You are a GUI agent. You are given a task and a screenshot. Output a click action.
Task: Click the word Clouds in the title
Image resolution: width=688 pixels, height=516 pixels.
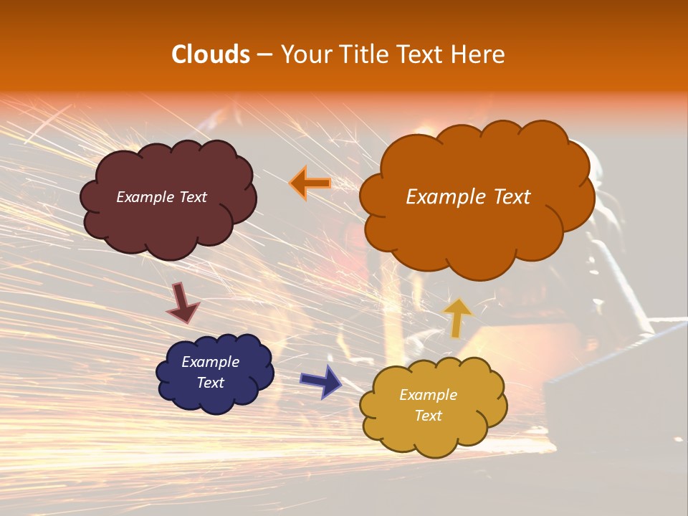[211, 54]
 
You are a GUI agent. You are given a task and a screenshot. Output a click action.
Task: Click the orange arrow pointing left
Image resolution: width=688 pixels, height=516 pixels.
[310, 183]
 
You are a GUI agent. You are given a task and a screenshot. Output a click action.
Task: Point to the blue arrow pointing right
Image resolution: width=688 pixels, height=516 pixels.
[321, 381]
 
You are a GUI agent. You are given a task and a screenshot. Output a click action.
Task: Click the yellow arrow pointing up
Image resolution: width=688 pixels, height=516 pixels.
[458, 316]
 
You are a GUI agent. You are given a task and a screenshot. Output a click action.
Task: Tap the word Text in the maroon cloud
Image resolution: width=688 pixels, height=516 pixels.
[193, 197]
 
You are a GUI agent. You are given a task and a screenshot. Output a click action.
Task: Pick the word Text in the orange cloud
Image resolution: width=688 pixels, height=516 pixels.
[510, 197]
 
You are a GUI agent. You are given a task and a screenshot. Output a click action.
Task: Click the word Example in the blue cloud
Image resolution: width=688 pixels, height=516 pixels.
[210, 362]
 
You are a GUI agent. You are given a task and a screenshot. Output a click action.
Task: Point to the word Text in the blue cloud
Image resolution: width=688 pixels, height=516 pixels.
[210, 383]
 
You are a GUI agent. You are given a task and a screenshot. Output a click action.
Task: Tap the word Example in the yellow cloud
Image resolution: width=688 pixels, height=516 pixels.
[428, 395]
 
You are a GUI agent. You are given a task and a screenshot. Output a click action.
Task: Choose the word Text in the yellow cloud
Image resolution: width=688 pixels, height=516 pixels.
[428, 416]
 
